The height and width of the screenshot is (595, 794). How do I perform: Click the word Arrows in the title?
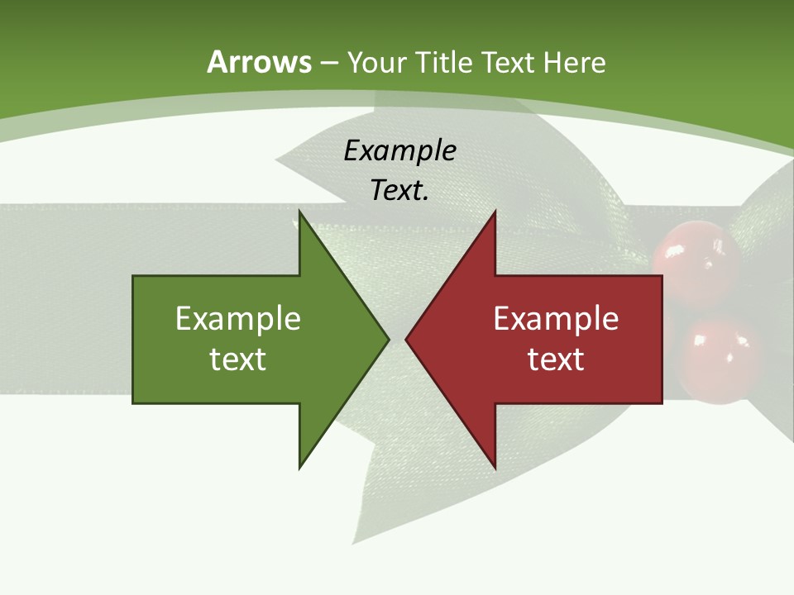[x=259, y=62]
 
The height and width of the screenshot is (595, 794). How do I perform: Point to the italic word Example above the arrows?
[x=399, y=151]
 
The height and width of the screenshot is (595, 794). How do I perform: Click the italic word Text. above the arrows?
[x=399, y=191]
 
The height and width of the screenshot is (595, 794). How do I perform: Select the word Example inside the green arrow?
[x=238, y=319]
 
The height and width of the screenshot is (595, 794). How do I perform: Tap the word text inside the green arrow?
[x=238, y=359]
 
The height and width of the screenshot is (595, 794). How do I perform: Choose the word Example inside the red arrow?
[x=556, y=319]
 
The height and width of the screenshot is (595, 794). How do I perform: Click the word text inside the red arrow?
[x=556, y=359]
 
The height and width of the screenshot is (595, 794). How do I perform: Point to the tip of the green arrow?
[x=388, y=339]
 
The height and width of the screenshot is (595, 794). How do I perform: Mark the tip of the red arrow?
[x=406, y=339]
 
